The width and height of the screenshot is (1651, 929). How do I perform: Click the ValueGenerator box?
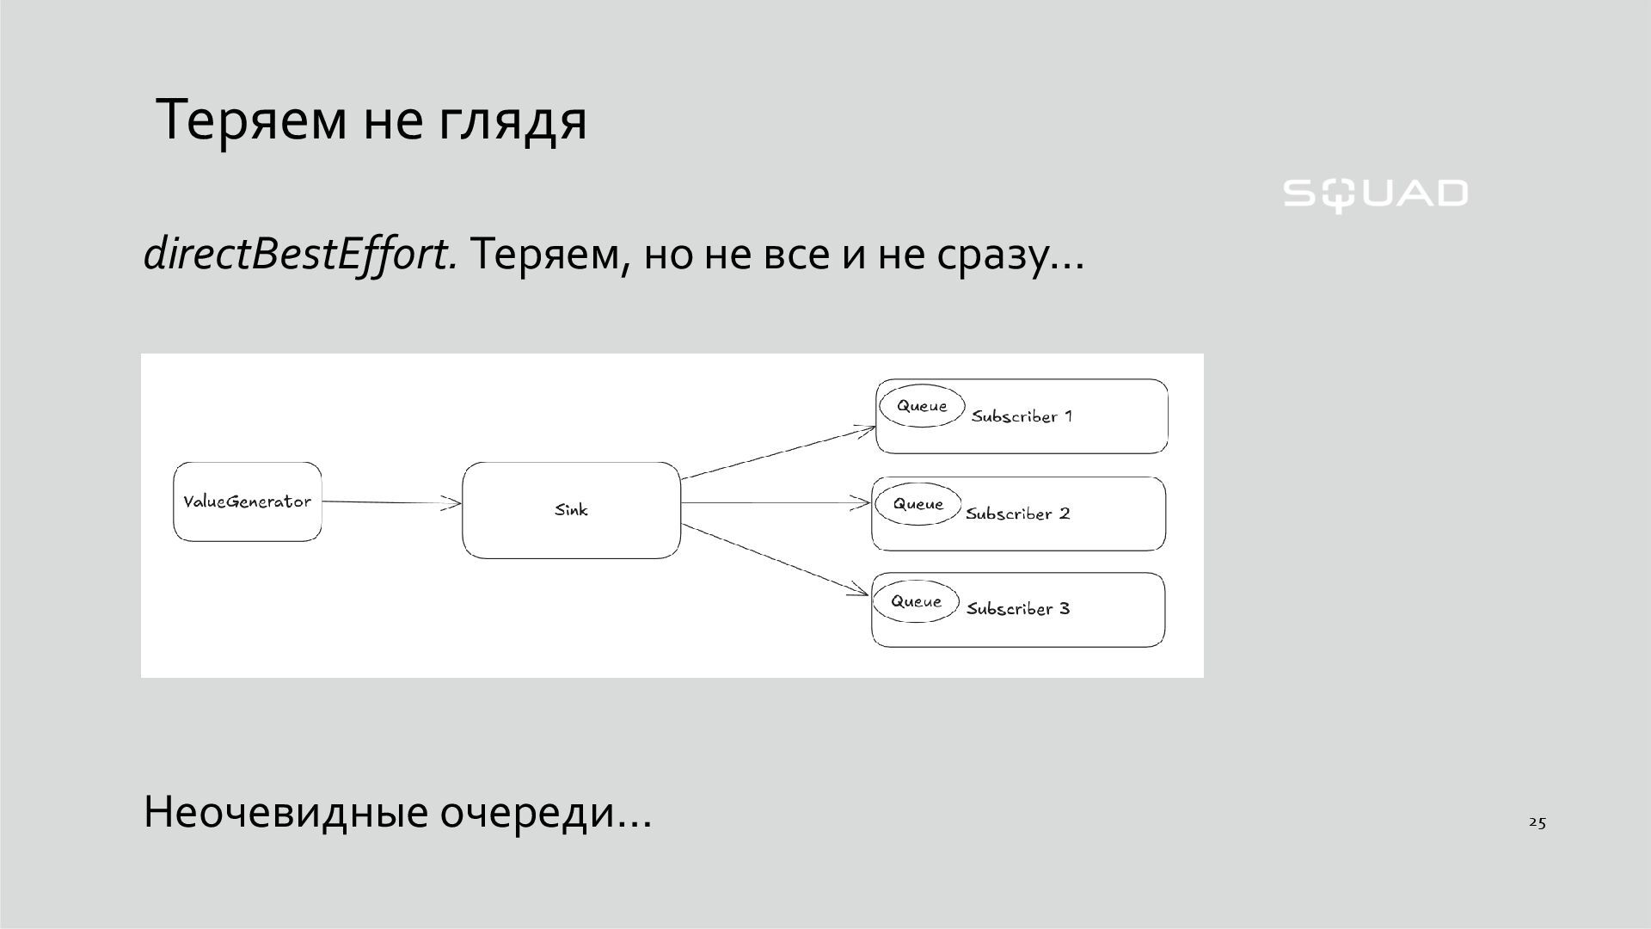tap(248, 501)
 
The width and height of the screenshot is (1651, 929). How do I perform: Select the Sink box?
tap(571, 510)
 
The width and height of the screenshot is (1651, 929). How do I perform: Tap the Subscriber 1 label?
tap(1022, 416)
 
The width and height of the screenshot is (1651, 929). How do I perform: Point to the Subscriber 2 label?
tap(1018, 514)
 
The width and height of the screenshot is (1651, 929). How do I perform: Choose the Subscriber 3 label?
tap(1018, 609)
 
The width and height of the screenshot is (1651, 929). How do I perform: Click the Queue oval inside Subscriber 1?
tap(921, 406)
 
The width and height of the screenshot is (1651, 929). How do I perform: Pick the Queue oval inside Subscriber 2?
tap(918, 504)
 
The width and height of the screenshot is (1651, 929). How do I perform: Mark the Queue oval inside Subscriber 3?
tap(915, 601)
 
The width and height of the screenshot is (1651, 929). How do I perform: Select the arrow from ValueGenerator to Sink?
tap(391, 502)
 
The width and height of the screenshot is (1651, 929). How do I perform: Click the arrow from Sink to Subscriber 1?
tap(778, 452)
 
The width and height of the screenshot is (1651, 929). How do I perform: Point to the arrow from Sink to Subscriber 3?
tap(774, 558)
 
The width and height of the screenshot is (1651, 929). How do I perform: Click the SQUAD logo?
tap(1375, 194)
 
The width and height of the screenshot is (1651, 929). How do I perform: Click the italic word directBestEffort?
tap(300, 254)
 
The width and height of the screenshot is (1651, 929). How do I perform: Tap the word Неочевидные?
tap(285, 812)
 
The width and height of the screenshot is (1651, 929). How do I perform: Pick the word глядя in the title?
tap(512, 120)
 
